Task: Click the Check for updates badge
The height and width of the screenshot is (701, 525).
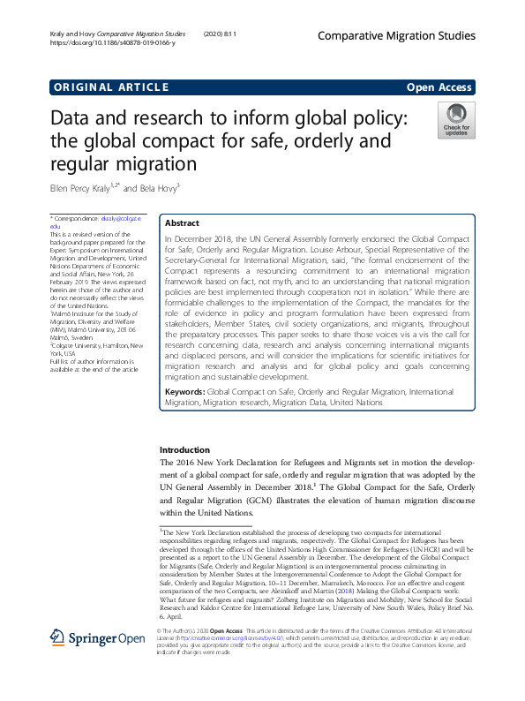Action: pyautogui.click(x=456, y=121)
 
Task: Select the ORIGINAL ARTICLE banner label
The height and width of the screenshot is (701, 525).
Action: pyautogui.click(x=111, y=87)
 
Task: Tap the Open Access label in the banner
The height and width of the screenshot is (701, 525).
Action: pyautogui.click(x=440, y=87)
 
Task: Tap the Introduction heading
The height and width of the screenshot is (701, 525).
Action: pyautogui.click(x=184, y=449)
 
